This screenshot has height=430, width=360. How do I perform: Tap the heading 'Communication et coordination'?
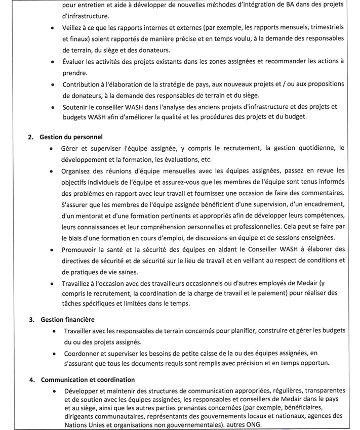point(88,379)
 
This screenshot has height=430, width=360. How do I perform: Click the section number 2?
point(31,137)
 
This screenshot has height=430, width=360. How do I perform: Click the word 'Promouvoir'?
point(81,249)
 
